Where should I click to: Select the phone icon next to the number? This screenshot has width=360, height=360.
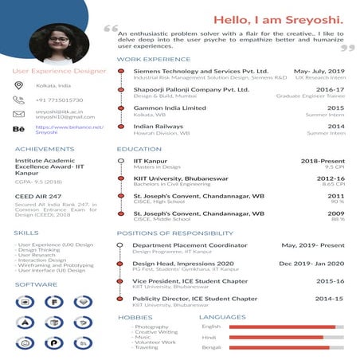tap(19, 100)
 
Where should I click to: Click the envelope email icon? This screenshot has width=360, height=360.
tap(19, 114)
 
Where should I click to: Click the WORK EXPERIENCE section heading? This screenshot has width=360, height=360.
tap(153, 59)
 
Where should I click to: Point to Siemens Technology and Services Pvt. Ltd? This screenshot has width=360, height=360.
tap(201, 71)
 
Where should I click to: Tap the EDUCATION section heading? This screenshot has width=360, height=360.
tap(139, 149)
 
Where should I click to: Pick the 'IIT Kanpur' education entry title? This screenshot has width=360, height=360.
tap(150, 161)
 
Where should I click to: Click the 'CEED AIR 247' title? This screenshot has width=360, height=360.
tap(37, 196)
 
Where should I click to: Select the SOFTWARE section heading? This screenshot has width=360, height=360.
tap(36, 284)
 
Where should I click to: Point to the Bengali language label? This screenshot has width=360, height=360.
tap(211, 349)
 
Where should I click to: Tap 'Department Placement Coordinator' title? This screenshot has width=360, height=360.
tap(190, 245)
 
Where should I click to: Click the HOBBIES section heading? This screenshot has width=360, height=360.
tap(135, 317)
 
